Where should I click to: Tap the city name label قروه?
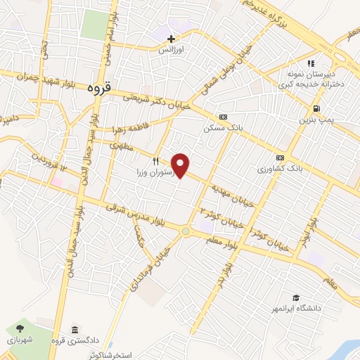click(100, 89)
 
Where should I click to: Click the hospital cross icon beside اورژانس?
click(170, 38)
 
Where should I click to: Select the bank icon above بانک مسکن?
click(223, 117)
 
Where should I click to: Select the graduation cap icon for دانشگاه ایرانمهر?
click(296, 298)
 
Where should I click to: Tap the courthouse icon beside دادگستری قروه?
click(75, 330)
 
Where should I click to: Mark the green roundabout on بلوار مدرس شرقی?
click(185, 231)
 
